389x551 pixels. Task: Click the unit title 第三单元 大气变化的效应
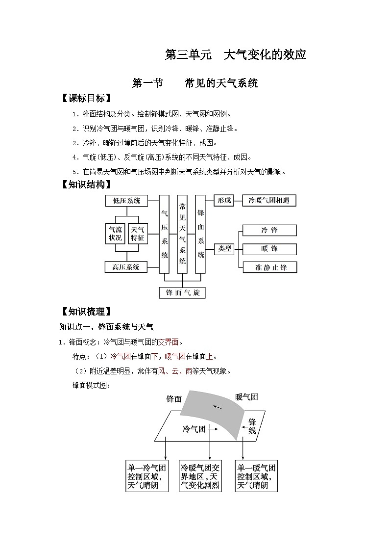point(236,55)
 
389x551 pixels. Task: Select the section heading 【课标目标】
point(84,98)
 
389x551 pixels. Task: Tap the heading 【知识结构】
point(84,184)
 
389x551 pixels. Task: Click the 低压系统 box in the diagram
point(126,201)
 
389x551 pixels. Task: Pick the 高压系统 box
point(126,267)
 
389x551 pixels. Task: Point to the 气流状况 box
point(115,234)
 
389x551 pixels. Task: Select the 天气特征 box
point(138,234)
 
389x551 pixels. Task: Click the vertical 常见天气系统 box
point(182,234)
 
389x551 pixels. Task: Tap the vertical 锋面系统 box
point(200,234)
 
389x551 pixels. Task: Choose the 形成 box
point(224,201)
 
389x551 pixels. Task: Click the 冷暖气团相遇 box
point(269,201)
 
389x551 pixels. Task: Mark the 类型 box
point(225,249)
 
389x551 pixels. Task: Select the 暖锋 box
point(269,249)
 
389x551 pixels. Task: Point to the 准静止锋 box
point(269,267)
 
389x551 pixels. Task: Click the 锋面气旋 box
point(182,293)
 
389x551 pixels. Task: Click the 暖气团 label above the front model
point(246,397)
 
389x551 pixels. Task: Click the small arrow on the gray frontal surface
point(217,407)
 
